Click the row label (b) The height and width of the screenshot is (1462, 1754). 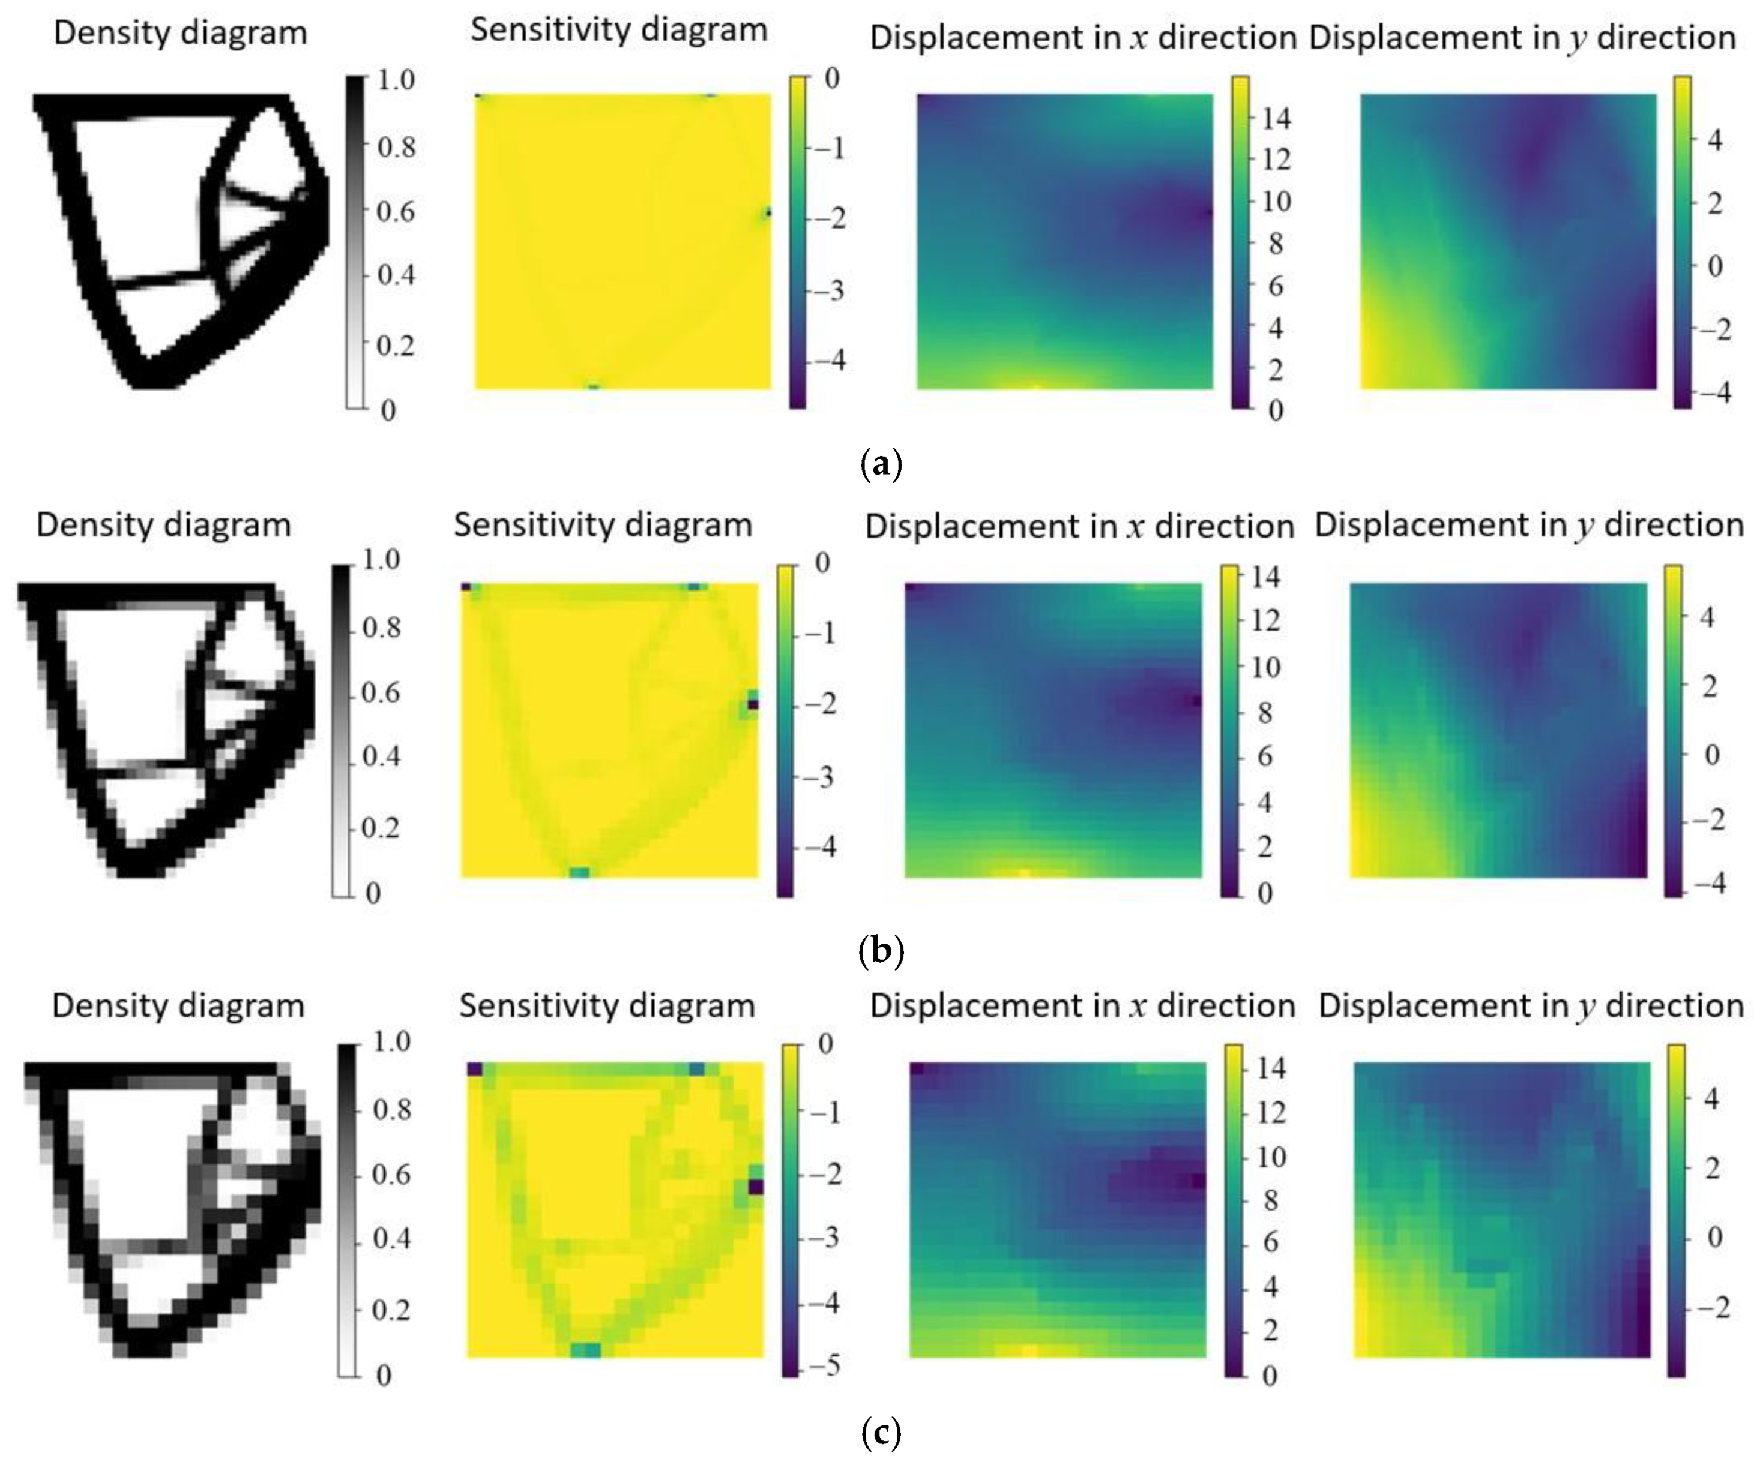coord(881,951)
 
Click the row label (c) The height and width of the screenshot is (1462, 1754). coord(881,1434)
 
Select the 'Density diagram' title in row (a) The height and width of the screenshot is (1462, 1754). coord(181,34)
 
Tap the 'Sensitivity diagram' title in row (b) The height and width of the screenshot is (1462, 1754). coord(603,525)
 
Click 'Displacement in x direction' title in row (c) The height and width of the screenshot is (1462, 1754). coord(1082,1006)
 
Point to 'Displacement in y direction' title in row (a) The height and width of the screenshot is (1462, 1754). coord(1523,38)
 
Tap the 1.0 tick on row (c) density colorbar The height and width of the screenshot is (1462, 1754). coord(390,1042)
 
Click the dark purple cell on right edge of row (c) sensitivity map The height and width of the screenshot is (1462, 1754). coord(756,1187)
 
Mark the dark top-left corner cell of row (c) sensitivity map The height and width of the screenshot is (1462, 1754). coord(474,1070)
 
